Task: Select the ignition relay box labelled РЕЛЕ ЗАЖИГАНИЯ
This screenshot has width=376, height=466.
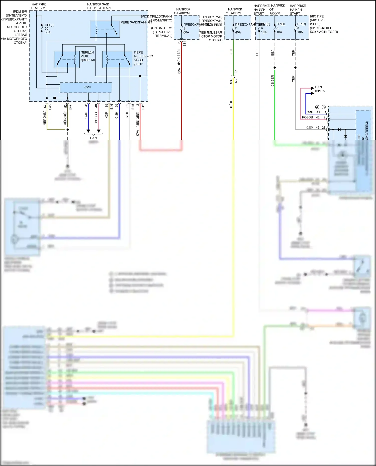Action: [105, 29]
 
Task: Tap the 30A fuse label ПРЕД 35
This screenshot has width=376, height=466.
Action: [49, 25]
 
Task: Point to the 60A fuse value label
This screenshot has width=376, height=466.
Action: [186, 33]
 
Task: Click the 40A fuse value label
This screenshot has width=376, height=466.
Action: [238, 33]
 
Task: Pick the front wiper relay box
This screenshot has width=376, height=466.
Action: [67, 59]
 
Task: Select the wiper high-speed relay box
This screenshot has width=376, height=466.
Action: [117, 59]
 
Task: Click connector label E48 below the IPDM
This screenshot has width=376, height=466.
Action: [50, 107]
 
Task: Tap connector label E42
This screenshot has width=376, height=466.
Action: [143, 107]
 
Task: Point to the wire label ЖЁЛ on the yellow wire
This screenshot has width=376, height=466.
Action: [231, 105]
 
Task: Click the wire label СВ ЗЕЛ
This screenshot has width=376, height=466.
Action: [272, 81]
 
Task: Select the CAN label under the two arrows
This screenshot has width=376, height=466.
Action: [93, 138]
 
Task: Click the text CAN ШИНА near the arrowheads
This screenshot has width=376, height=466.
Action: [320, 89]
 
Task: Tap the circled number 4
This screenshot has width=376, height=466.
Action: [317, 107]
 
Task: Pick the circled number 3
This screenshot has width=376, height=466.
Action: [324, 107]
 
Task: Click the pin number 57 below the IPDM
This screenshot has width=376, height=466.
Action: [45, 106]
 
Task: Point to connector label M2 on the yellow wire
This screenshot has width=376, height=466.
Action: [236, 81]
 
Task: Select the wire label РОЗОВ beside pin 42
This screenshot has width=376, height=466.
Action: [307, 117]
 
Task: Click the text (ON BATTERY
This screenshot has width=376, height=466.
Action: [161, 28]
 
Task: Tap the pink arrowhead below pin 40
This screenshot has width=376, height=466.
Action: [99, 131]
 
